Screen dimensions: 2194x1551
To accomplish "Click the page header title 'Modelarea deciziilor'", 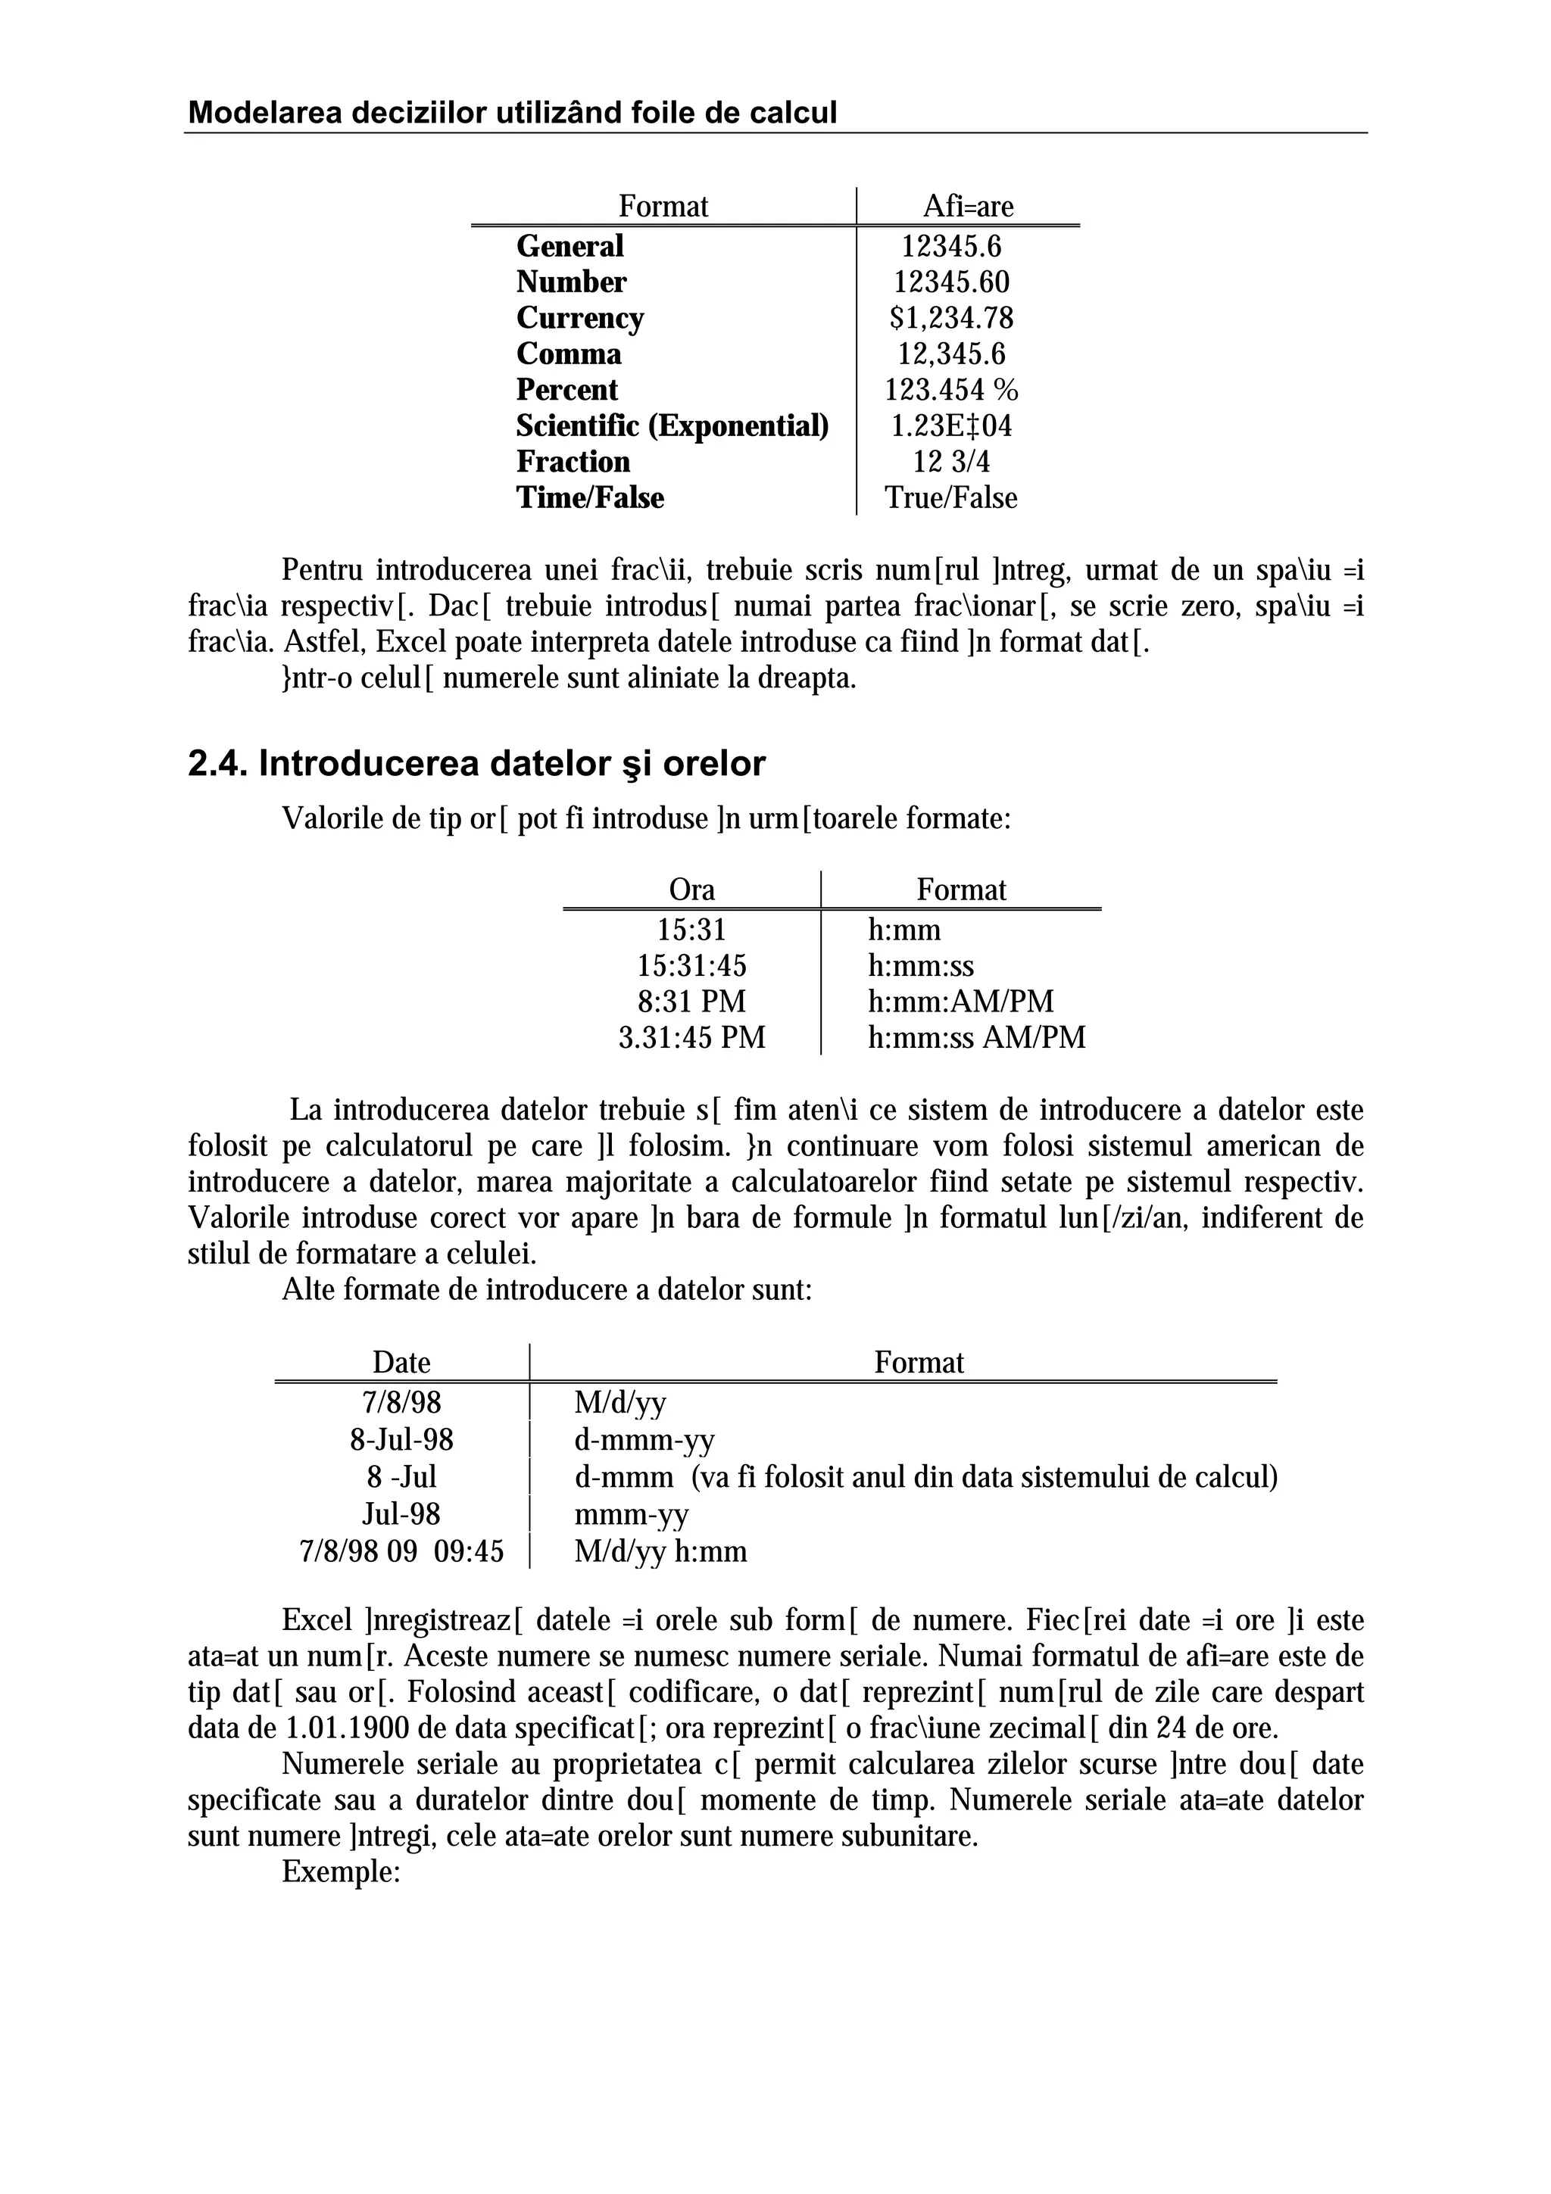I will coord(512,113).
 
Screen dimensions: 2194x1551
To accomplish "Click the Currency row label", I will coord(580,318).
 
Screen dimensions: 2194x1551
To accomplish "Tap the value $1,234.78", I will coord(951,318).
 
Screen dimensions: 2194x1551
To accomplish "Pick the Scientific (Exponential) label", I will coord(672,426).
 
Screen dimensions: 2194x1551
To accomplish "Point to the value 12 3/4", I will coord(951,463).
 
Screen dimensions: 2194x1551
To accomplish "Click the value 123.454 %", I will coord(951,390).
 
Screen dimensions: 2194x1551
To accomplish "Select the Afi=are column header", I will coord(967,207).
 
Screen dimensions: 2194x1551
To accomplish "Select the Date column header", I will coord(401,1363).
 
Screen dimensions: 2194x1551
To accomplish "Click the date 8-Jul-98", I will coord(401,1440).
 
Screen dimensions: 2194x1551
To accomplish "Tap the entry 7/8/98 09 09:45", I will coord(401,1551).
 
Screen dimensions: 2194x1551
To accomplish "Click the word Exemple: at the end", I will coord(339,1873).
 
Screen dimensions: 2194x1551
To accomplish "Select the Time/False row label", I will coord(590,498).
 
